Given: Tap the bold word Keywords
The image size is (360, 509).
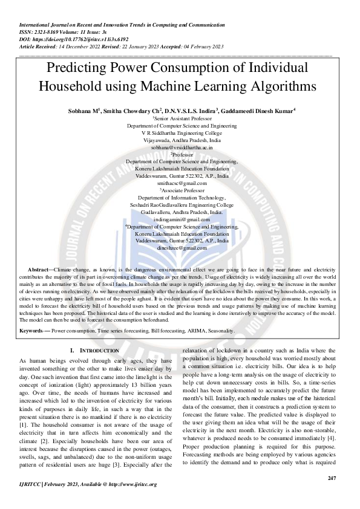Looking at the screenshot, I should [x=34, y=331].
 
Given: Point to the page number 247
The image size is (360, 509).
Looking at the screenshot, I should [x=331, y=478].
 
